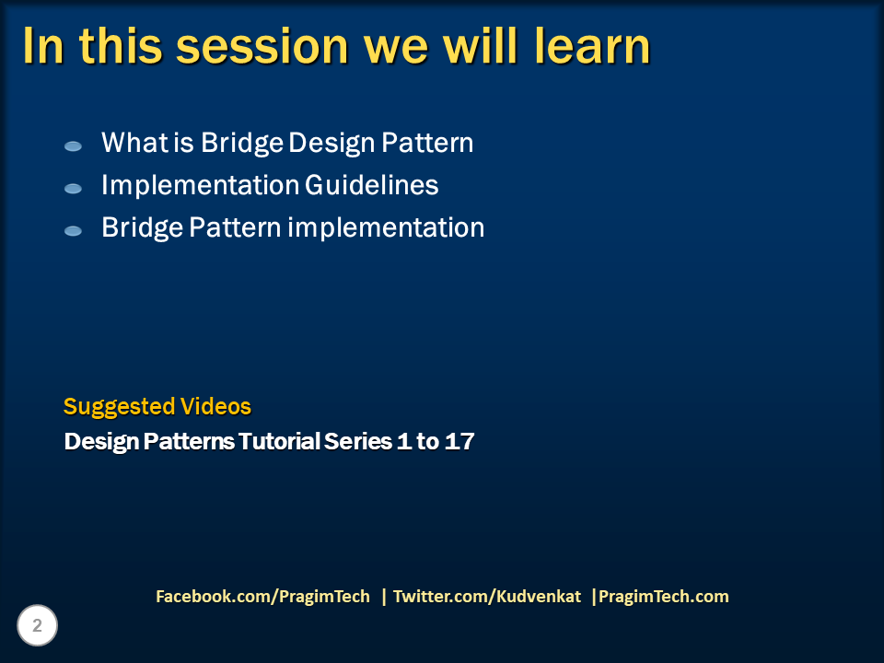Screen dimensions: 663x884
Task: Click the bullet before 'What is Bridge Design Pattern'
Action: (73, 146)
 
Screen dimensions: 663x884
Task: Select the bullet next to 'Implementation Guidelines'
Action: (73, 189)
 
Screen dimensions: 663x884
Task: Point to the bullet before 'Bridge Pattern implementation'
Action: (73, 231)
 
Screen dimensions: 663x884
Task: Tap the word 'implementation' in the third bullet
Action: (386, 227)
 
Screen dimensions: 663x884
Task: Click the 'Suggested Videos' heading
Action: (157, 407)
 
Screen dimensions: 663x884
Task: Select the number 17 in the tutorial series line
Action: (459, 442)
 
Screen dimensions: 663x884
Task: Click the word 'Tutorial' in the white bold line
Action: (280, 442)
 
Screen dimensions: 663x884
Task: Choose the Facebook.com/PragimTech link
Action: (262, 597)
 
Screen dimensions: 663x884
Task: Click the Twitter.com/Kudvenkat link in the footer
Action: (487, 597)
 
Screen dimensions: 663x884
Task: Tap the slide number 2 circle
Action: (38, 626)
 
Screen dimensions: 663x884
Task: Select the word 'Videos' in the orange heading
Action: (215, 407)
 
